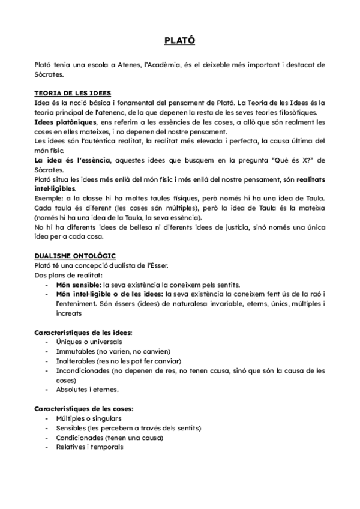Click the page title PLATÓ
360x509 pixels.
(x=179, y=41)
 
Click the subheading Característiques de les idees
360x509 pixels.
(x=83, y=332)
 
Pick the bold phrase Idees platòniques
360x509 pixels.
(x=62, y=122)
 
